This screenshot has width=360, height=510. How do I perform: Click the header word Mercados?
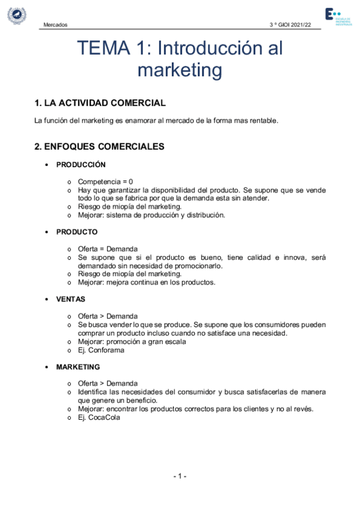tap(56, 25)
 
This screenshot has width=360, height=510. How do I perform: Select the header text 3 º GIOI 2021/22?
tap(291, 25)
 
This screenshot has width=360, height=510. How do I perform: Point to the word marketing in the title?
tap(180, 70)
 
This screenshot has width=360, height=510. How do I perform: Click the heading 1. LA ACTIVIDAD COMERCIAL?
tap(100, 103)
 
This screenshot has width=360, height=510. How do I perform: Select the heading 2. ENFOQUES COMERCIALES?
tap(99, 146)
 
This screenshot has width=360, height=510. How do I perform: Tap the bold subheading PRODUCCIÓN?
tap(81, 164)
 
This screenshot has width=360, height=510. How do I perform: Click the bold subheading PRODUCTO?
tap(77, 232)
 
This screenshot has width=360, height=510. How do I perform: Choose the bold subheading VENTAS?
tap(71, 299)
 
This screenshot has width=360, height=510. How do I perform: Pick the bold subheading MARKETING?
tap(78, 366)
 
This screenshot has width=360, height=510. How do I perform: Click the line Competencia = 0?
tap(105, 182)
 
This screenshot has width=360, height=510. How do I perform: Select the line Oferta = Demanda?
tap(108, 249)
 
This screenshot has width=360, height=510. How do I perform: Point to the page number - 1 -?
tap(180, 476)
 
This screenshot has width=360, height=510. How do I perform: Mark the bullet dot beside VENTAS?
tap(47, 300)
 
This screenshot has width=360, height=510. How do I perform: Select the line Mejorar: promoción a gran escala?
tap(132, 342)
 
